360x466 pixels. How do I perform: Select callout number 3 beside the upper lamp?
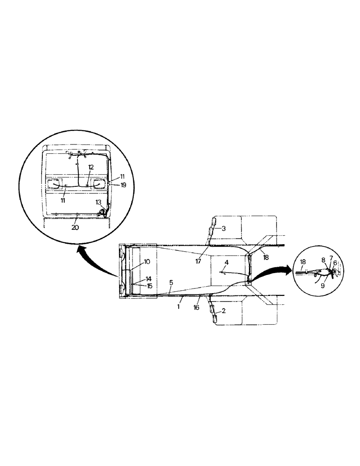click(x=224, y=229)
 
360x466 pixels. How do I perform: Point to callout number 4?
click(x=226, y=263)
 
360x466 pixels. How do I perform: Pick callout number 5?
click(x=171, y=282)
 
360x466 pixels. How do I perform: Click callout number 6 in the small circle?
click(x=335, y=263)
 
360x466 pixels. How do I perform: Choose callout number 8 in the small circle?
click(x=324, y=260)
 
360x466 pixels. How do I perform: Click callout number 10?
click(x=147, y=261)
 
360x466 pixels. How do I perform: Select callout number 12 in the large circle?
click(x=90, y=166)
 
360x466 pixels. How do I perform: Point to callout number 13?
click(x=98, y=202)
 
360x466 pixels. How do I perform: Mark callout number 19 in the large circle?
click(x=111, y=185)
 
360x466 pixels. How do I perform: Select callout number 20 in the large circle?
click(x=76, y=228)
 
